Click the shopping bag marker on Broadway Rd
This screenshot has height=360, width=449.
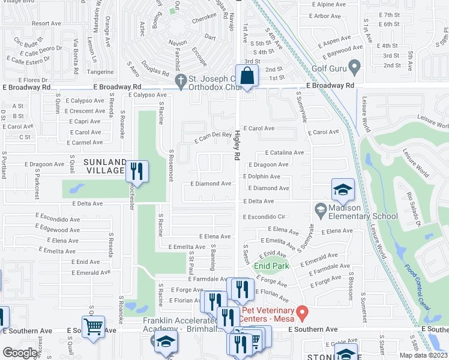[247, 76]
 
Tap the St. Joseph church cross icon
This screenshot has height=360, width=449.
[178, 80]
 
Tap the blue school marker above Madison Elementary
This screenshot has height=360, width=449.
[343, 190]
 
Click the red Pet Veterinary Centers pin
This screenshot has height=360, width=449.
[303, 313]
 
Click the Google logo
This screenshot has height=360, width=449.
[20, 352]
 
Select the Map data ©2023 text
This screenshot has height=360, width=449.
[423, 355]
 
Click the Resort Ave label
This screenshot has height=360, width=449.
[47, 23]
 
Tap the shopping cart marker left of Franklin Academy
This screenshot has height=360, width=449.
[93, 328]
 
